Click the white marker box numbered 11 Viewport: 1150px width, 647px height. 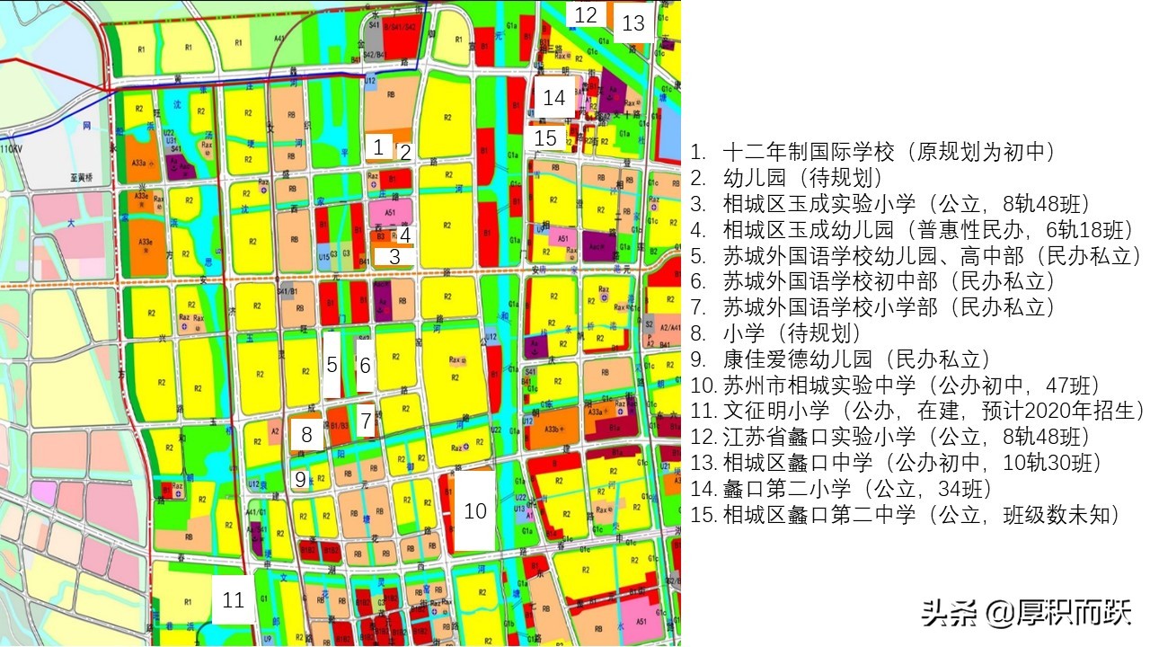click(x=234, y=599)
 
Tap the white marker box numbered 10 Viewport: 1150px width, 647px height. click(x=474, y=510)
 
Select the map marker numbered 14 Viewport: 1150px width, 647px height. click(x=554, y=97)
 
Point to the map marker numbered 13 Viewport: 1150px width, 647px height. click(x=633, y=22)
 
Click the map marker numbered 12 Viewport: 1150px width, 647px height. click(x=586, y=14)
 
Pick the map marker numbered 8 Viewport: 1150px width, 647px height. click(x=306, y=436)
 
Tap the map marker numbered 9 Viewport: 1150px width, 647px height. click(x=300, y=479)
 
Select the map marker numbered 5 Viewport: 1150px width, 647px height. click(x=332, y=364)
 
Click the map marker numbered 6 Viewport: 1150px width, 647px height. click(x=365, y=365)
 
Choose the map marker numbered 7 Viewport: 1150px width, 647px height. click(x=366, y=420)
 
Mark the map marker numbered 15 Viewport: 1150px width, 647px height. click(x=546, y=138)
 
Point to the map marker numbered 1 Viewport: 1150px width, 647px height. click(x=378, y=146)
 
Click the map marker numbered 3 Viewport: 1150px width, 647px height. click(x=394, y=255)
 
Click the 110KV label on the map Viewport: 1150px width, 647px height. click(x=11, y=148)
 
